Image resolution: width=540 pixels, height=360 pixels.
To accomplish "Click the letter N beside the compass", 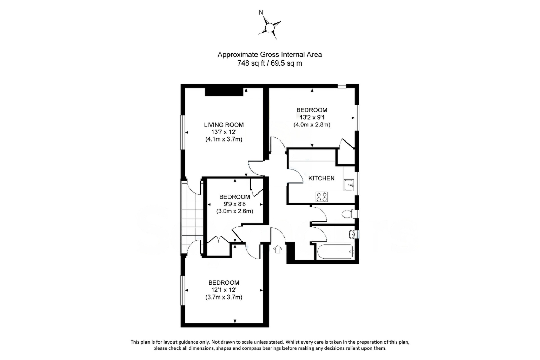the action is click(261, 12).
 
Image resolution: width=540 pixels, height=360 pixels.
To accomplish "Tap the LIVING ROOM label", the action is click(223, 125).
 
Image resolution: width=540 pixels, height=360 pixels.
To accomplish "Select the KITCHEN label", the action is click(321, 178).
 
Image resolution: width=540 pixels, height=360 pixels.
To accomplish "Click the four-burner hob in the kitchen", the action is click(321, 197).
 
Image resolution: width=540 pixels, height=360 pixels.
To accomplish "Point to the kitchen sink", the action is click(349, 185).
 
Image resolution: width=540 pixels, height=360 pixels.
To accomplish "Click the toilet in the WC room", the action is click(348, 214).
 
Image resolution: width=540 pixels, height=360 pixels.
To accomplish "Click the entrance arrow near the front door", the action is click(278, 249).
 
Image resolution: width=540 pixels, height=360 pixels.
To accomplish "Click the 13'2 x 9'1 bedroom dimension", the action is click(312, 117).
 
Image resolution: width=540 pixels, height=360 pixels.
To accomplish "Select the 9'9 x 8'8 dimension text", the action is click(235, 204).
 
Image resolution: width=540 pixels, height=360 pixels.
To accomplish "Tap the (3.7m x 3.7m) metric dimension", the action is click(223, 298).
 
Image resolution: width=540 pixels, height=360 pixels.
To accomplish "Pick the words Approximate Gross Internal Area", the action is click(269, 54).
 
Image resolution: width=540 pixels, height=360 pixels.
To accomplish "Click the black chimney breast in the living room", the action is click(224, 92).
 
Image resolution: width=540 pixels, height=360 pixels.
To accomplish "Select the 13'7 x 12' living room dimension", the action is click(223, 132).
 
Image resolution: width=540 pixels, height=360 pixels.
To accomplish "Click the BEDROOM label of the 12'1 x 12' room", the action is click(223, 283).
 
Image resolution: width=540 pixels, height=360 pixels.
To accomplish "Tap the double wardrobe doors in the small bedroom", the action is click(218, 240).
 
